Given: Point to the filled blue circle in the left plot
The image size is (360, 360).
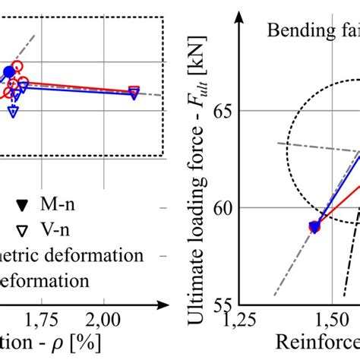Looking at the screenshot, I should point(9,72).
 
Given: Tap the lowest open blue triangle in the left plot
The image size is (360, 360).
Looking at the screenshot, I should point(13,112).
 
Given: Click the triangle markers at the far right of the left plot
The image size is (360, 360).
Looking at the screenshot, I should point(134,92).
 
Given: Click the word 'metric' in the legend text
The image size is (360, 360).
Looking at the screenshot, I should point(23,254).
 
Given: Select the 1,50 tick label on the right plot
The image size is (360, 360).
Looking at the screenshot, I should point(332,317).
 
